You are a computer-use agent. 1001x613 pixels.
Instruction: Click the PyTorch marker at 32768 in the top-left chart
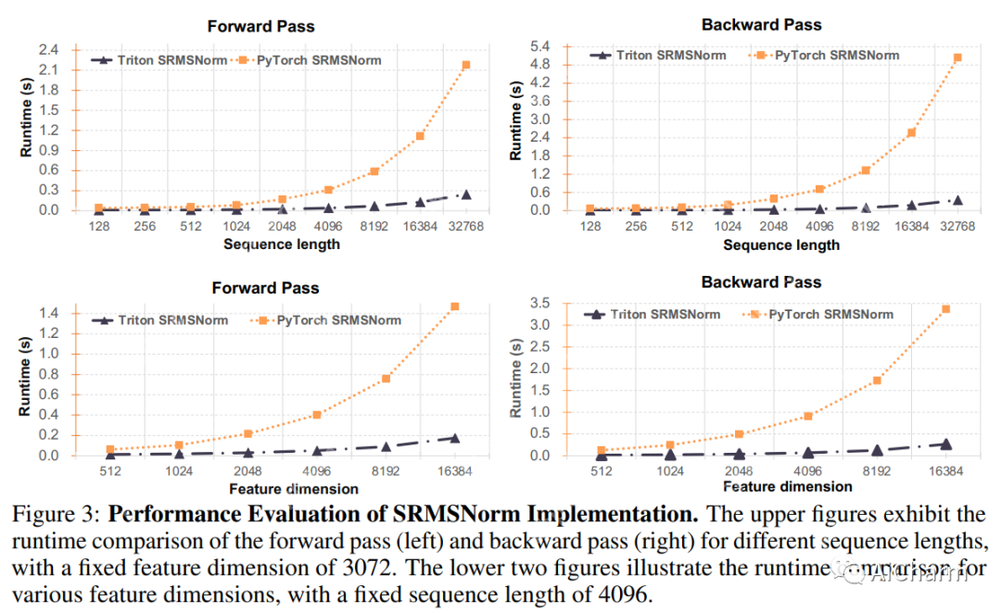tap(466, 65)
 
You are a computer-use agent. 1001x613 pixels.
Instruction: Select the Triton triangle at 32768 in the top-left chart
tap(466, 194)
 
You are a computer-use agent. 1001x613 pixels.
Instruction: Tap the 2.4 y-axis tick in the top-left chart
tap(47, 49)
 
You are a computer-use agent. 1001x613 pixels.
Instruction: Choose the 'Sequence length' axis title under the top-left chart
tap(282, 244)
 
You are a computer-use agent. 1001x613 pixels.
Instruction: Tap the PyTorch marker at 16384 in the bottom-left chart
tap(455, 306)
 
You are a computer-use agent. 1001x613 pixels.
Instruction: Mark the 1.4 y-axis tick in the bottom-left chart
tap(47, 313)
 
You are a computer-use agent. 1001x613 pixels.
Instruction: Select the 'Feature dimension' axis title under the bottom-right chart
tap(787, 486)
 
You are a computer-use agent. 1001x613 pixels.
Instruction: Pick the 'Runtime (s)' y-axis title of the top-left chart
tap(24, 130)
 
